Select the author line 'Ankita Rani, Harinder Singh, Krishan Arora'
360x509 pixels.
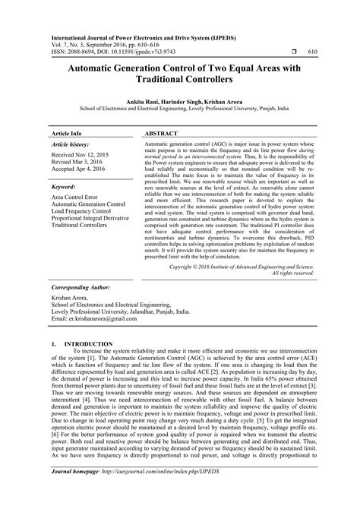[x=180, y=100]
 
